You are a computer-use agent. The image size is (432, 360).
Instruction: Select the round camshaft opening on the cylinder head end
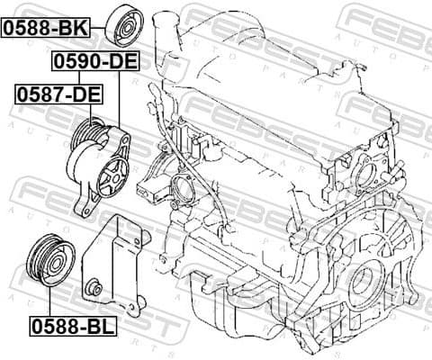tap(364, 170)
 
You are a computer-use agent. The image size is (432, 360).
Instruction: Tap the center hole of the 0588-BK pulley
tap(124, 27)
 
